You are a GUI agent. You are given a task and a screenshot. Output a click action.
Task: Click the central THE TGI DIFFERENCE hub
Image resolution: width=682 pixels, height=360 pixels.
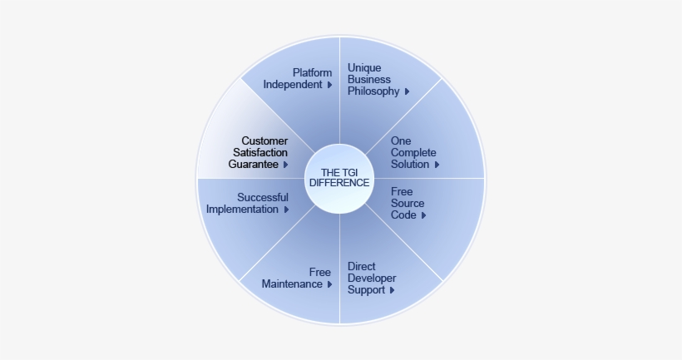pyautogui.click(x=341, y=177)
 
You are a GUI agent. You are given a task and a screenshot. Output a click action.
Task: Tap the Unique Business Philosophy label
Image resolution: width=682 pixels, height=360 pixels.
pyautogui.click(x=374, y=79)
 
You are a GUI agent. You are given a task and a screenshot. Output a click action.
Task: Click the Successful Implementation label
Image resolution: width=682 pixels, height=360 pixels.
pyautogui.click(x=248, y=204)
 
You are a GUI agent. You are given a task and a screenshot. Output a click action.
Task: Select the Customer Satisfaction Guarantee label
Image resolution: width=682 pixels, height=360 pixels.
pyautogui.click(x=259, y=153)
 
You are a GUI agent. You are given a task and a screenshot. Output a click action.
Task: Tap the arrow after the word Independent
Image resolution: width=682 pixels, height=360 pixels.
pyautogui.click(x=329, y=85)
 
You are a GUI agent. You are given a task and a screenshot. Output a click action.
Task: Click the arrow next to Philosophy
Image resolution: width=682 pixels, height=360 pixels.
pyautogui.click(x=407, y=91)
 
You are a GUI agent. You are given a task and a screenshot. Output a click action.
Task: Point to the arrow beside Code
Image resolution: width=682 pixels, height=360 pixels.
pyautogui.click(x=424, y=215)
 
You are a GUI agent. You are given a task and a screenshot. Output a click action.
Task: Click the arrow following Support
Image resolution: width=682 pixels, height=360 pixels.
pyautogui.click(x=392, y=291)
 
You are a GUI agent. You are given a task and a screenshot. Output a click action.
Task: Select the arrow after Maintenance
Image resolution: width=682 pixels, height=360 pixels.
pyautogui.click(x=329, y=284)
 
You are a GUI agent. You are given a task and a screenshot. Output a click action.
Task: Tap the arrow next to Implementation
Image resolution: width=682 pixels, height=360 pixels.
pyautogui.click(x=287, y=210)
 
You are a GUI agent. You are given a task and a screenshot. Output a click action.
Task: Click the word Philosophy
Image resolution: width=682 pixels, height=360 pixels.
pyautogui.click(x=373, y=91)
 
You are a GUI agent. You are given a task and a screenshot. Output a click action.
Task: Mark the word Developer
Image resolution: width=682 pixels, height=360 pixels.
pyautogui.click(x=372, y=279)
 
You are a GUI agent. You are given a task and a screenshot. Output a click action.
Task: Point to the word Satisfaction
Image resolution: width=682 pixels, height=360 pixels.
pyautogui.click(x=259, y=153)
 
